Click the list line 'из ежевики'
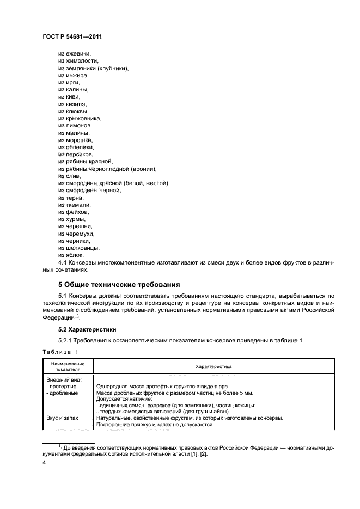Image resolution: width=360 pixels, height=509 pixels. pos(75,53)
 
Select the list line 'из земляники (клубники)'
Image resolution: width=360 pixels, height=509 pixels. pos(93,68)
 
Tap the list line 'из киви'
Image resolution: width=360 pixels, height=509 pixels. pos(69,96)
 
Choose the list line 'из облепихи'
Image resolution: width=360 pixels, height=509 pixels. pos(76,147)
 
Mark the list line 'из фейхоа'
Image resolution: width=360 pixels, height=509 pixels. pos(73,211)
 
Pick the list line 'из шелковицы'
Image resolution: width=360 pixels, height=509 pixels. pos(78,248)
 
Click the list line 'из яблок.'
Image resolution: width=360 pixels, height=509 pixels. pos(71,255)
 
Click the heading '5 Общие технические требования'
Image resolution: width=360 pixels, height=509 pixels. pos(119,284)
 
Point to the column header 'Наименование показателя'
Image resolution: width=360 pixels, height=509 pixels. pos(68,367)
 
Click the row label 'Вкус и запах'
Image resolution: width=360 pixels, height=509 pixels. pos(62,418)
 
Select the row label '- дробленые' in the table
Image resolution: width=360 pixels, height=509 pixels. pos(62,393)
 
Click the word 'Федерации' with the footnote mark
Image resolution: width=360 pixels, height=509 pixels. pos(56,317)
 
